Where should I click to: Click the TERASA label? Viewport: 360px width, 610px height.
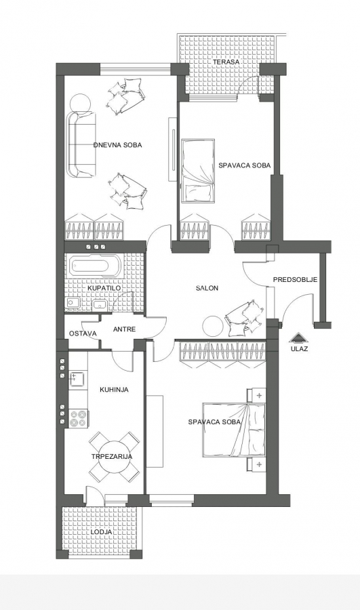pyautogui.click(x=226, y=62)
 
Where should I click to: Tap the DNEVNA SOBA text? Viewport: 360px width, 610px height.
pyautogui.click(x=117, y=145)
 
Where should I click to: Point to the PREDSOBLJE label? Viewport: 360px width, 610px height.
pyautogui.click(x=295, y=280)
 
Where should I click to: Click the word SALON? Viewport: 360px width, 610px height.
pyautogui.click(x=207, y=288)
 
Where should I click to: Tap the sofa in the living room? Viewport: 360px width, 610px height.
pyautogui.click(x=82, y=144)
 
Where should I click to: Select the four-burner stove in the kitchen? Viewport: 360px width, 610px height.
pyautogui.click(x=79, y=419)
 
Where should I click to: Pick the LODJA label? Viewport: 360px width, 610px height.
pyautogui.click(x=102, y=532)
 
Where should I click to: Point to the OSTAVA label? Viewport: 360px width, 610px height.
pyautogui.click(x=83, y=333)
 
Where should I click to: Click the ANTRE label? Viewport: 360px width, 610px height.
pyautogui.click(x=125, y=329)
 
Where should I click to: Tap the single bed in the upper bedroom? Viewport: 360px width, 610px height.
pyautogui.click(x=198, y=171)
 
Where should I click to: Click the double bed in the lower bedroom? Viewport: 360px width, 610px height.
pyautogui.click(x=233, y=429)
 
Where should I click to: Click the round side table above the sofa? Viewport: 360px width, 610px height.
pyautogui.click(x=81, y=103)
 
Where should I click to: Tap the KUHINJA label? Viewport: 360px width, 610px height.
pyautogui.click(x=114, y=390)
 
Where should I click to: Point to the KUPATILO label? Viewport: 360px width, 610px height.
pyautogui.click(x=104, y=288)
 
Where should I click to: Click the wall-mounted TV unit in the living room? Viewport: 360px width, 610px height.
pyautogui.click(x=172, y=148)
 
